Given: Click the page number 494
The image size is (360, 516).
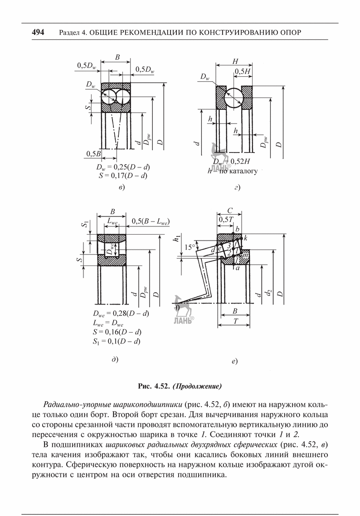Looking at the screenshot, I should click(38, 32).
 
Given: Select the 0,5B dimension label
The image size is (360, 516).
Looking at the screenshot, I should click(93, 154).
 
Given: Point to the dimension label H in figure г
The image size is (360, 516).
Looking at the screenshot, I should click(235, 61).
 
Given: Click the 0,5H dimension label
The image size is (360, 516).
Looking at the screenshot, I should click(243, 71).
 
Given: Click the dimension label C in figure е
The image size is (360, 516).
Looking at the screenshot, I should click(230, 211).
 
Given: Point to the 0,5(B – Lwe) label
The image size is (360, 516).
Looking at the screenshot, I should click(151, 222).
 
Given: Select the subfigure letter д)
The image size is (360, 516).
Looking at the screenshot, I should click(115, 360).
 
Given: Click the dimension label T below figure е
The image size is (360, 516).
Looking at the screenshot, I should click(235, 321).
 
